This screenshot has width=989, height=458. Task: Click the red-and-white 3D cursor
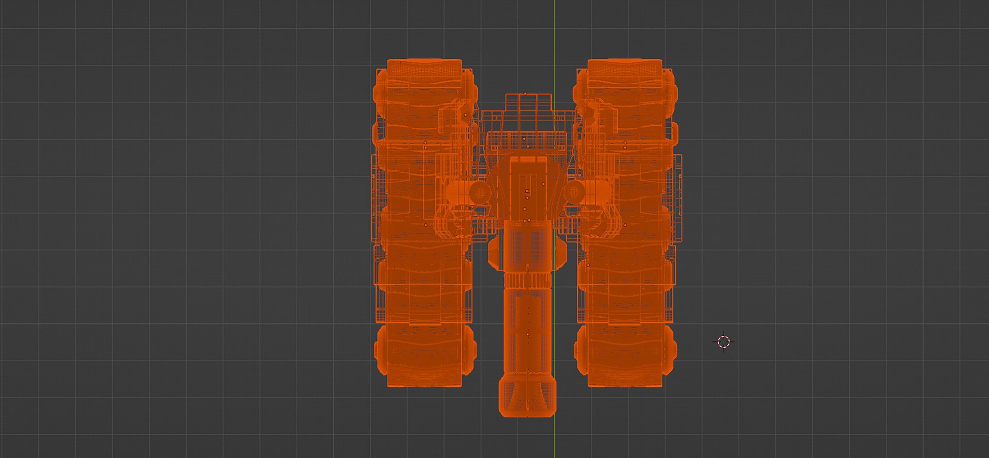[x=724, y=342]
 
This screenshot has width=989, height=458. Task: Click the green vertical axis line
[x=555, y=31]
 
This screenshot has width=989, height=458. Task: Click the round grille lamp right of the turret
[x=574, y=192]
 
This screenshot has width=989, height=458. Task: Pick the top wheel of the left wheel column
[x=424, y=88]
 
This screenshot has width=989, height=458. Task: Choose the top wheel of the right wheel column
[x=625, y=88]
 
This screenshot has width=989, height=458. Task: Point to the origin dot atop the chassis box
[x=525, y=93]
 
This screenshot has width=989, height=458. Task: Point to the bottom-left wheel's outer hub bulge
[x=380, y=351]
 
